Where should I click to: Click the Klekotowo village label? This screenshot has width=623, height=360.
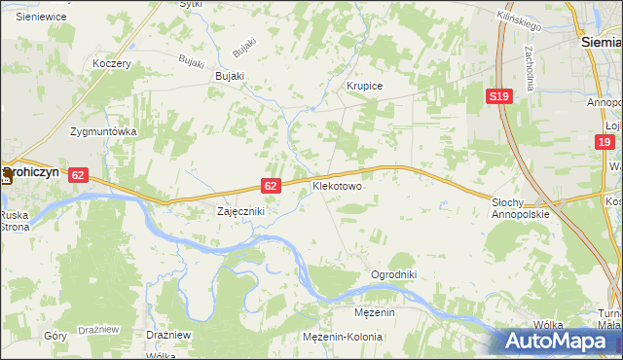coord(337,184)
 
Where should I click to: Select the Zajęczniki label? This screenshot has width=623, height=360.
coord(240,210)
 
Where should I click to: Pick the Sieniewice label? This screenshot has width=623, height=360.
coord(41,17)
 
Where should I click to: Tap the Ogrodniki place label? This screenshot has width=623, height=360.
coord(393,274)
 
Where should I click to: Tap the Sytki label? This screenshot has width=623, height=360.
coord(192,4)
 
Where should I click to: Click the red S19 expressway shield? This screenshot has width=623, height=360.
coord(499,96)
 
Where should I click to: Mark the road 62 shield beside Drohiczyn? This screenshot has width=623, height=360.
coord(79,174)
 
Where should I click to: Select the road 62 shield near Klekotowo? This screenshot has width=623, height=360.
coord(272,185)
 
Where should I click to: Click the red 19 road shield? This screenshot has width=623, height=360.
coord(605,143)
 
